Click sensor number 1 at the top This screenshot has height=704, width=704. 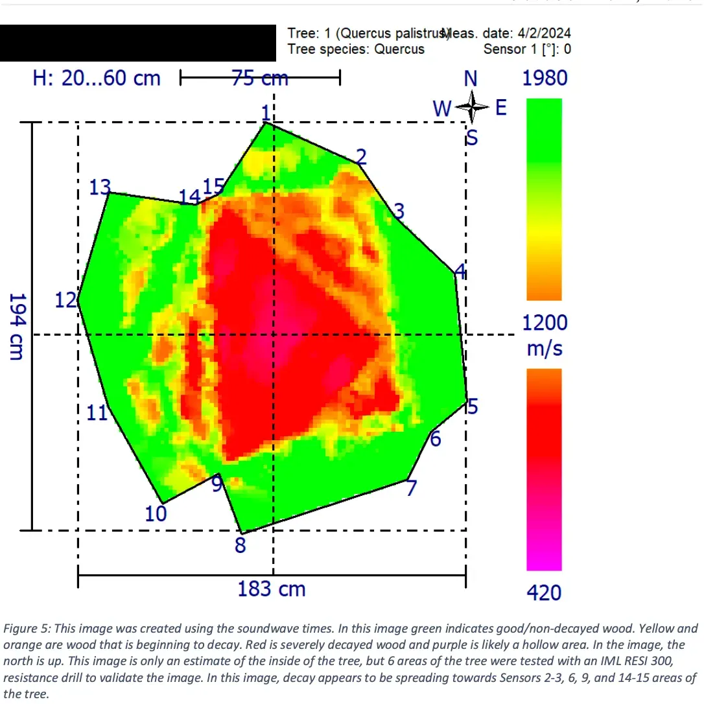tap(265, 112)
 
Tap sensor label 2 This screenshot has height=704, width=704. tap(362, 156)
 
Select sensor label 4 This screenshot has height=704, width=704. tap(460, 271)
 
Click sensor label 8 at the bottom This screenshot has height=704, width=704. tap(241, 545)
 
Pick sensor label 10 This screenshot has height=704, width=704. tap(156, 514)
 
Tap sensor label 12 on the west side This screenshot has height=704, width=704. tap(66, 301)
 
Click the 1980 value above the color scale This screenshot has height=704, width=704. tap(545, 78)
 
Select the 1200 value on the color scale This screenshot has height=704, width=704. tap(545, 323)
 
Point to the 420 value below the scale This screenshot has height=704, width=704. tap(545, 593)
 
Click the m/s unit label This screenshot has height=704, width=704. tap(545, 349)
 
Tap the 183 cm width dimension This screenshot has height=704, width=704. tap(271, 590)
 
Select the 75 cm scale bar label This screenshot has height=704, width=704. tap(260, 78)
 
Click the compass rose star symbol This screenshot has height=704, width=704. tap(472, 107)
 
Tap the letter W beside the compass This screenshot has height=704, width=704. tap(441, 109)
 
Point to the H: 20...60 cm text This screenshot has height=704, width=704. tap(97, 78)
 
